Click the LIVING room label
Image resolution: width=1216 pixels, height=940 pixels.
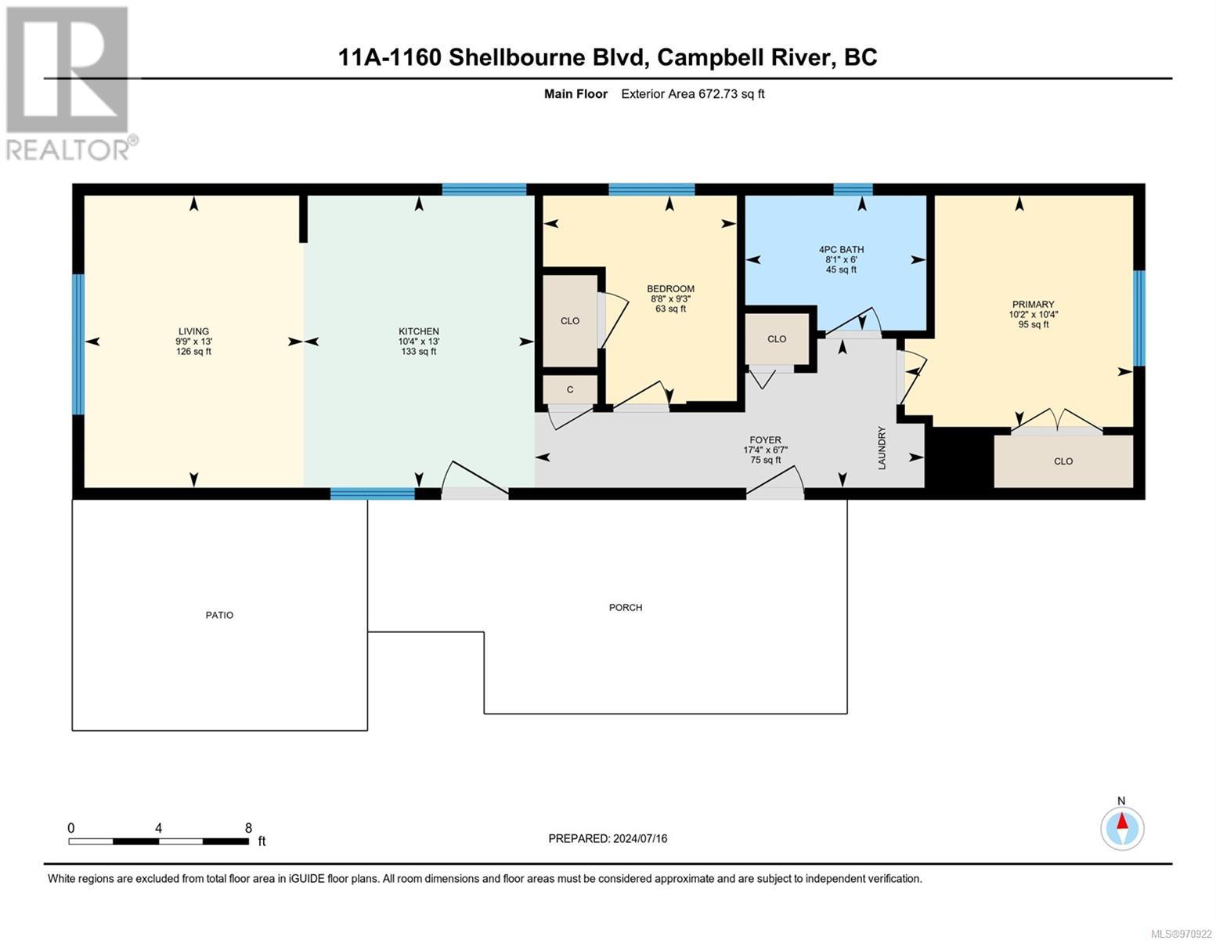point(193,331)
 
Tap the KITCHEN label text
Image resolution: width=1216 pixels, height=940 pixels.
point(419,331)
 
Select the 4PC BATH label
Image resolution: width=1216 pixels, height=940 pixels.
point(841,250)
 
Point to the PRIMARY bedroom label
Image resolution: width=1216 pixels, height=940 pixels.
point(1033,305)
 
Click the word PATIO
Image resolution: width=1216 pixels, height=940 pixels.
point(219,615)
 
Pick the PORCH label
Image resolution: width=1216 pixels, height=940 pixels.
point(626,607)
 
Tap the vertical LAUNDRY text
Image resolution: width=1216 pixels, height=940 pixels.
point(882,448)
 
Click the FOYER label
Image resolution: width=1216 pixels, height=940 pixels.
point(766,440)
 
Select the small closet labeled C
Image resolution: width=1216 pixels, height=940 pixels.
point(570,389)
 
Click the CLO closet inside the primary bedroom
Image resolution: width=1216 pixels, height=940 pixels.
point(1063,461)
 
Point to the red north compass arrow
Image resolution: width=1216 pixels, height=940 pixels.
point(1121,821)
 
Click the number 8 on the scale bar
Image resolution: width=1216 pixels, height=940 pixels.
point(248,827)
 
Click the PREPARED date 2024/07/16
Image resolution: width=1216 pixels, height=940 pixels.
point(640,839)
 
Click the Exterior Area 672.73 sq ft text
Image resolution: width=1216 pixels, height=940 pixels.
point(693,94)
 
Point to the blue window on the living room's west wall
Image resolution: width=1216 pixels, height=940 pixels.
point(79,345)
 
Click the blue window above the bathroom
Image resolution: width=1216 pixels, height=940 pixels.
point(853,190)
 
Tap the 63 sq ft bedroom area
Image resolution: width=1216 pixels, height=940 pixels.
point(670,309)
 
